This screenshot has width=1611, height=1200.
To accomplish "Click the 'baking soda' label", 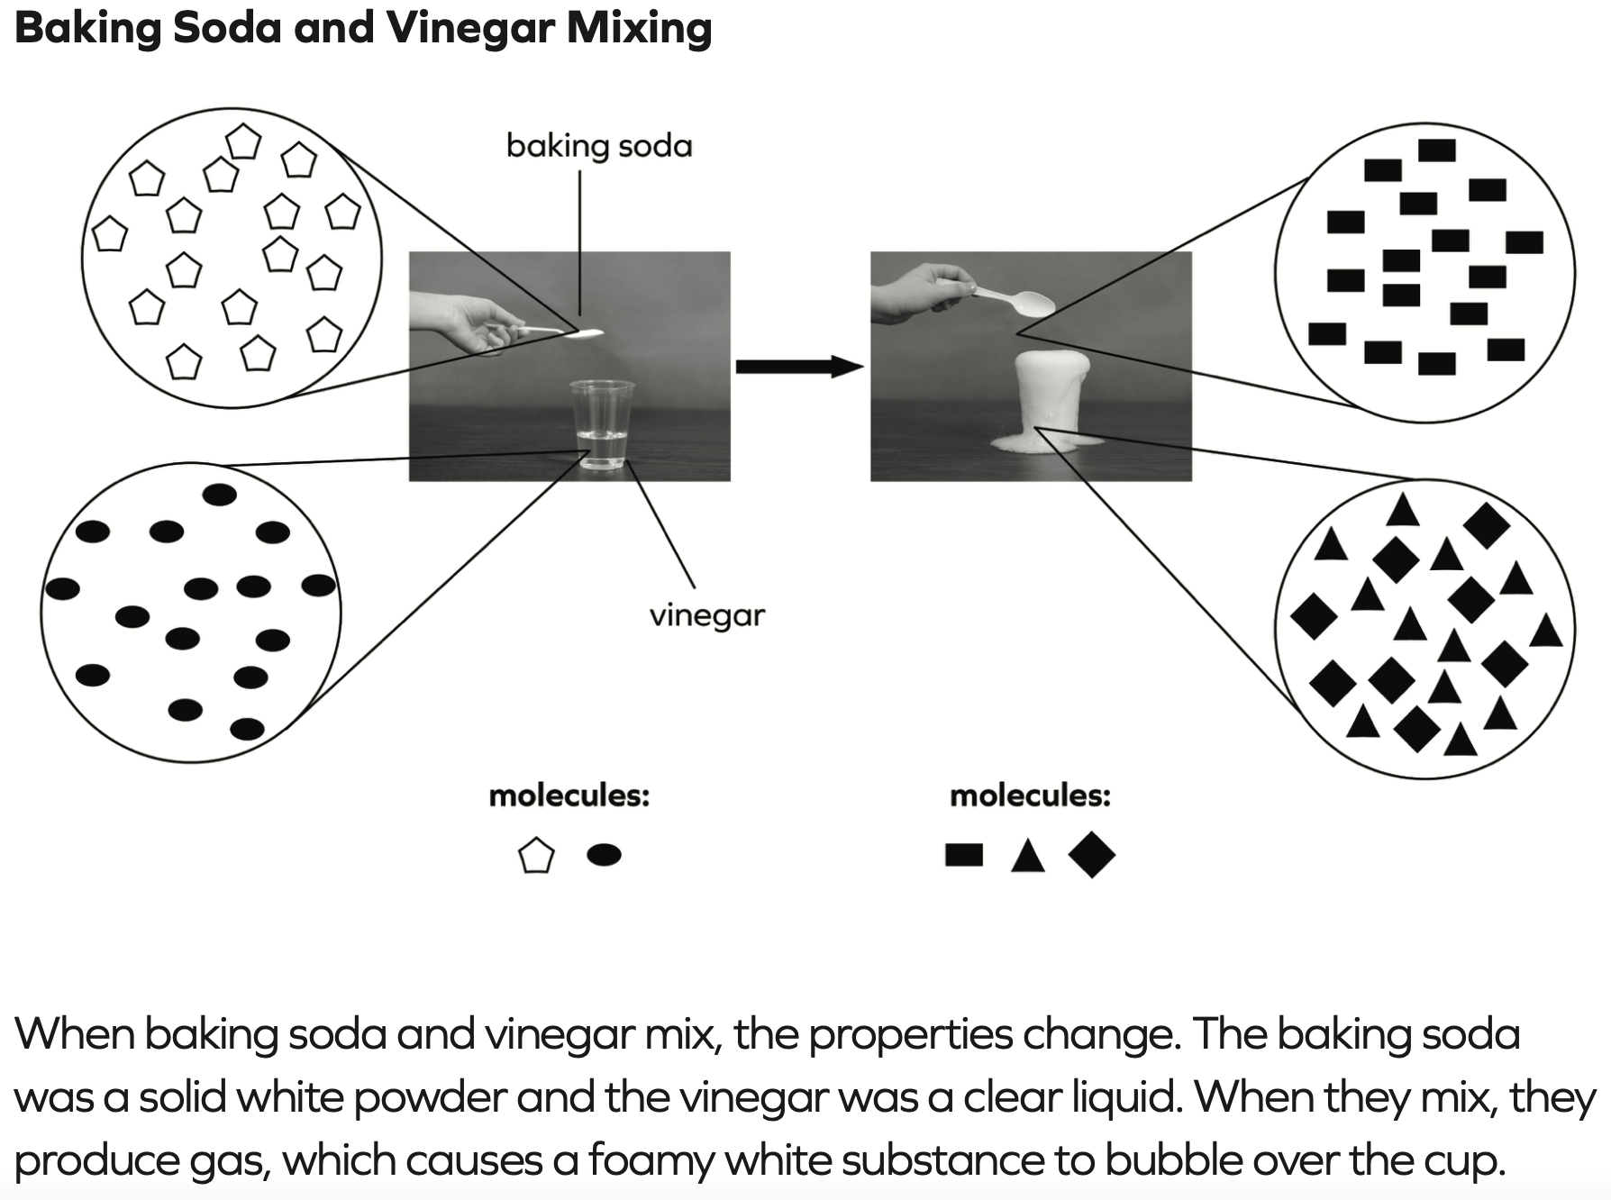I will coord(599,146).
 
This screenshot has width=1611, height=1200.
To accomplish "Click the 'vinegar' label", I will coord(706,615).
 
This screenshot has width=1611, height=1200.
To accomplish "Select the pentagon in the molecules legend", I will coord(536,855).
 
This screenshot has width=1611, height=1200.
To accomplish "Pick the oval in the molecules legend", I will coord(604,854).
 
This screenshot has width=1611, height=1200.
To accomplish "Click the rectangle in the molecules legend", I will coord(963,854).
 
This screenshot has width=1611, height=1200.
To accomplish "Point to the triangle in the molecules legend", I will coord(1027,857).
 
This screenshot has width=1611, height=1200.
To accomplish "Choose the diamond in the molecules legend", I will coord(1091,854).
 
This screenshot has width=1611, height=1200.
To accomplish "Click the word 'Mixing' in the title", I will coord(639,29).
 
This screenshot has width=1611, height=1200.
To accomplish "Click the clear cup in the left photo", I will coord(602,423).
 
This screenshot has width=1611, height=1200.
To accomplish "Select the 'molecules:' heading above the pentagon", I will coord(569,795).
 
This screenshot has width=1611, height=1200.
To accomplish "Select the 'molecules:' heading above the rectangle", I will coord(1030,795).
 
